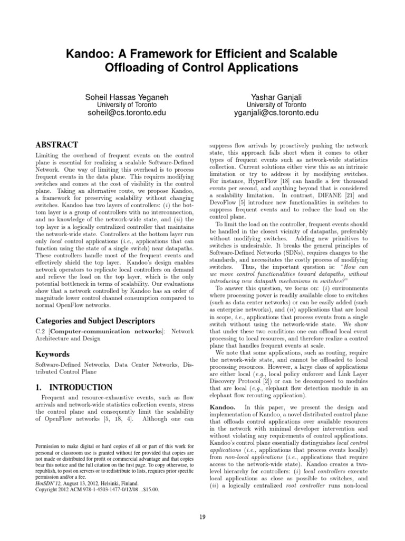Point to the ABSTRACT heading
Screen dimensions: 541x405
point(56,145)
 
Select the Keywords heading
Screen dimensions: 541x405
point(53,353)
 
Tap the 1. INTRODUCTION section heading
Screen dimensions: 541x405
point(73,387)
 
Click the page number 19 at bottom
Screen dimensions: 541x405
point(202,516)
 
